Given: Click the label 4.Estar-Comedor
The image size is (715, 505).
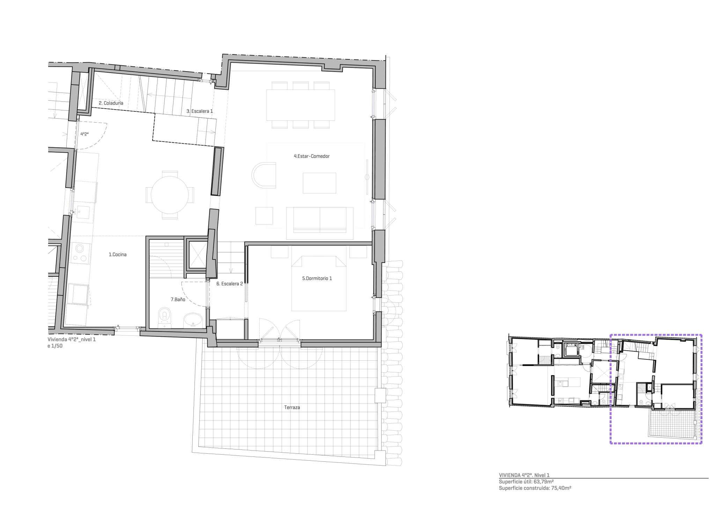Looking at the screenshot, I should click(311, 156).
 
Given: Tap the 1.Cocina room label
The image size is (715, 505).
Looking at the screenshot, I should click(117, 255).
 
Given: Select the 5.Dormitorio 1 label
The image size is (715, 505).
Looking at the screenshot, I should click(317, 278).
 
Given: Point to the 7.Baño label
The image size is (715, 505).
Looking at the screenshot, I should click(178, 299).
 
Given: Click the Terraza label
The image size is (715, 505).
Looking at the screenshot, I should click(292, 407).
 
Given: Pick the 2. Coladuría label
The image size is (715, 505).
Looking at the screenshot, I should click(111, 103).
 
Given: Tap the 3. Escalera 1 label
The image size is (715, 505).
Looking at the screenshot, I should click(199, 111).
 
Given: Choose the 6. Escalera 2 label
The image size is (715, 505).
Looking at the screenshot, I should click(229, 284).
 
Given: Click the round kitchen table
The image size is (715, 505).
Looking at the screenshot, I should click(170, 195).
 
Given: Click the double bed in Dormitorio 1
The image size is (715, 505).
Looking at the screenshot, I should click(319, 284).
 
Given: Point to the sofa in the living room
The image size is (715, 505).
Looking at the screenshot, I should click(319, 220).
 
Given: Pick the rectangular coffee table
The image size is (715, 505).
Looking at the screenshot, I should click(319, 183).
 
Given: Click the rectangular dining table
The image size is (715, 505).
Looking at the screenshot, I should click(300, 105).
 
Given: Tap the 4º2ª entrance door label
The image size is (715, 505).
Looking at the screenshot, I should click(84, 134).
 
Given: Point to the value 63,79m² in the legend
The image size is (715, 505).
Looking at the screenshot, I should click(544, 481).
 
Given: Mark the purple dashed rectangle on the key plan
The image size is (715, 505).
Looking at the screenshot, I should click(610, 388).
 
